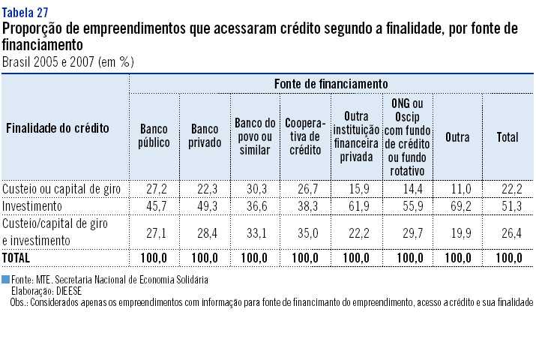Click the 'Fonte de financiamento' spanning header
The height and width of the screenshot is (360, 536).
(x=331, y=82)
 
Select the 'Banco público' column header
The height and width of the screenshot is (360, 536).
(x=154, y=136)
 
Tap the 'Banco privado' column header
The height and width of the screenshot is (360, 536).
(x=205, y=136)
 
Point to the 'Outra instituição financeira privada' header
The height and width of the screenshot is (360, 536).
(x=356, y=136)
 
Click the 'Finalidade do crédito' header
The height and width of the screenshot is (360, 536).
(x=58, y=127)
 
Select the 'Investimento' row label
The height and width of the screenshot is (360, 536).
(x=32, y=205)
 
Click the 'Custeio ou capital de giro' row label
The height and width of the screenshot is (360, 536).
(x=61, y=187)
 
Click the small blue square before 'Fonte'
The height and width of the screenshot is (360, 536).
(x=6, y=279)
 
